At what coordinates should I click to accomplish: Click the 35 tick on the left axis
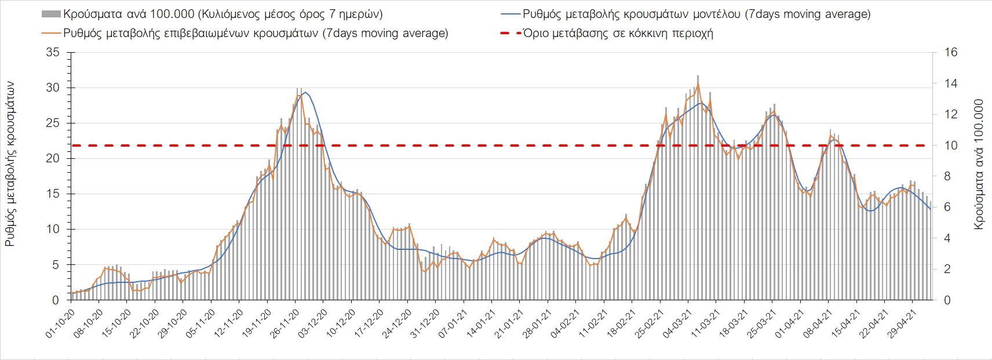[53, 53]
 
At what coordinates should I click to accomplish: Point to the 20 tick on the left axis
[53, 159]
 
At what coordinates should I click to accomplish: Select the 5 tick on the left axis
[56, 265]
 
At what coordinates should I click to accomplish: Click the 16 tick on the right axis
[951, 53]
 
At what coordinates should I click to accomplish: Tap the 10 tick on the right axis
[951, 146]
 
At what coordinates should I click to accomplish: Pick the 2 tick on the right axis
[947, 269]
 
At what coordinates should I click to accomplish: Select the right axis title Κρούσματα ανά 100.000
[979, 164]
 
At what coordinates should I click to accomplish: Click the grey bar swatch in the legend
[51, 14]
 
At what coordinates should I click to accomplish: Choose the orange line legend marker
[51, 33]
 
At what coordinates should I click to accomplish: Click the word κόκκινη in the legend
[639, 33]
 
